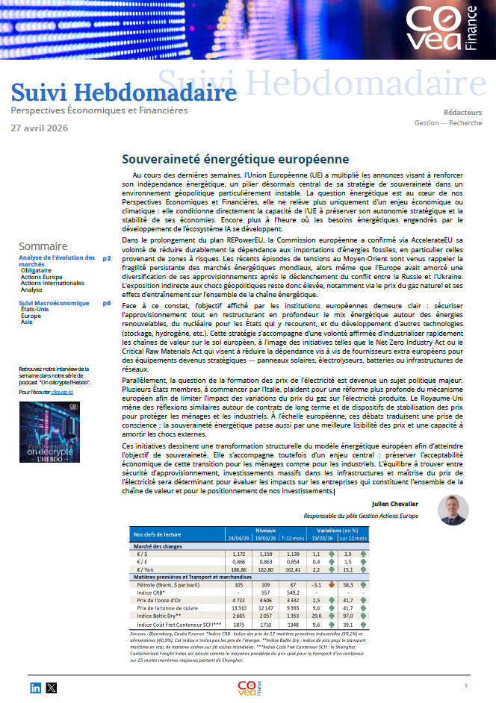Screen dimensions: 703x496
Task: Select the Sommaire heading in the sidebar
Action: [43, 246]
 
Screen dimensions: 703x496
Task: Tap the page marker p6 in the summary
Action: [107, 303]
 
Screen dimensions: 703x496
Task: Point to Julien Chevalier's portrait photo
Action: [453, 510]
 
